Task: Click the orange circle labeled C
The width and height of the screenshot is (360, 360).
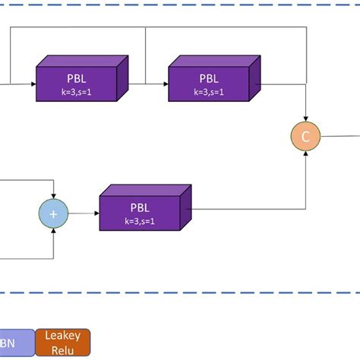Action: (x=305, y=137)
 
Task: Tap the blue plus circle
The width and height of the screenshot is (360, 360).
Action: (x=53, y=214)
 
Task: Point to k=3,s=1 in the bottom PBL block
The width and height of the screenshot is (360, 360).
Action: (x=140, y=222)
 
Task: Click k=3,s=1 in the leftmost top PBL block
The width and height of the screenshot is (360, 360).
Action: (x=77, y=92)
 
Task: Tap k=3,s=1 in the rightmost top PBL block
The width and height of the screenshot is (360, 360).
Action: (x=208, y=92)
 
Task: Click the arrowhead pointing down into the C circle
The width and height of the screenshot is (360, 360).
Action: (x=305, y=120)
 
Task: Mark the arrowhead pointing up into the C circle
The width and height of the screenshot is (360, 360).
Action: (x=305, y=153)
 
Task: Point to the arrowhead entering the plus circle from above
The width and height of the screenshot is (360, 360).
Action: (x=53, y=197)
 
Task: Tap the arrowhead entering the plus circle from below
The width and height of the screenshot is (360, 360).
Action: (x=53, y=231)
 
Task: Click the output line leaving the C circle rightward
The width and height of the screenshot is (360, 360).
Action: (x=340, y=137)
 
